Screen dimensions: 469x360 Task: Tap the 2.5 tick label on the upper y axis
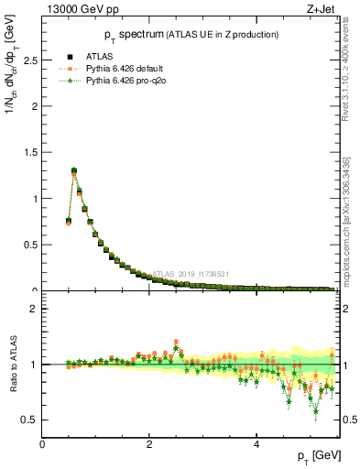[30, 60]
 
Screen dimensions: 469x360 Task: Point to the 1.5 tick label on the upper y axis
[30, 152]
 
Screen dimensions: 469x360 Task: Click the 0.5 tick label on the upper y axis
[30, 245]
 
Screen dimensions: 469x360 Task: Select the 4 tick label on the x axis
[256, 444]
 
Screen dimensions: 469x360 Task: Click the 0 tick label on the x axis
[43, 444]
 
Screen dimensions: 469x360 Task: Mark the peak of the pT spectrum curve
[74, 169]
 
